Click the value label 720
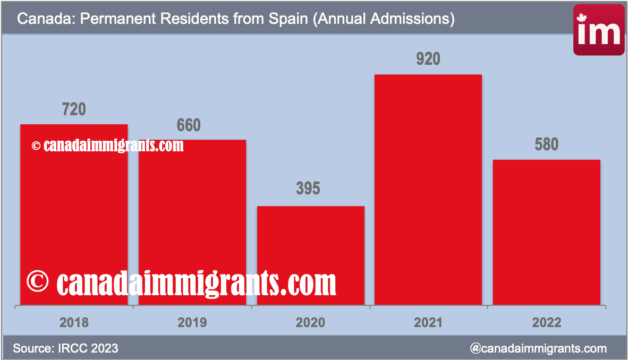(x=74, y=109)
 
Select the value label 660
(x=189, y=125)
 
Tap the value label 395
(x=308, y=188)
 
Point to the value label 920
(x=428, y=59)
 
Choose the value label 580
(x=547, y=144)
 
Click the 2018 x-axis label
(x=74, y=322)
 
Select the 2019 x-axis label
(x=192, y=322)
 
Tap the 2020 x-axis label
(x=310, y=322)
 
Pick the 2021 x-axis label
(x=428, y=322)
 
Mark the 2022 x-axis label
(x=547, y=322)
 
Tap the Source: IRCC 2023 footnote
(x=65, y=348)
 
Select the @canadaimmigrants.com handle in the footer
(x=538, y=348)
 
